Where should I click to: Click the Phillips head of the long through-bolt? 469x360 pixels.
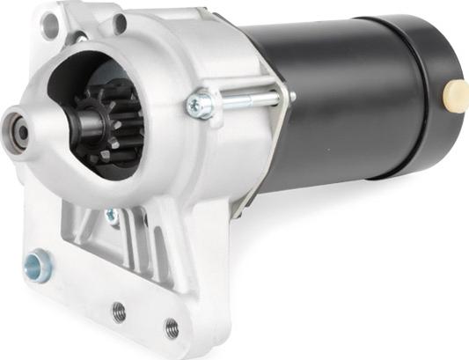(x=200, y=106)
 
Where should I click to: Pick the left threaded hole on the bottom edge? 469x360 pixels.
(x=118, y=312)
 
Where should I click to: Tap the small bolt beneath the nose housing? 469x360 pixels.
(x=112, y=215)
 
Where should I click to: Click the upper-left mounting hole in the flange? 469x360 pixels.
(x=50, y=27)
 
